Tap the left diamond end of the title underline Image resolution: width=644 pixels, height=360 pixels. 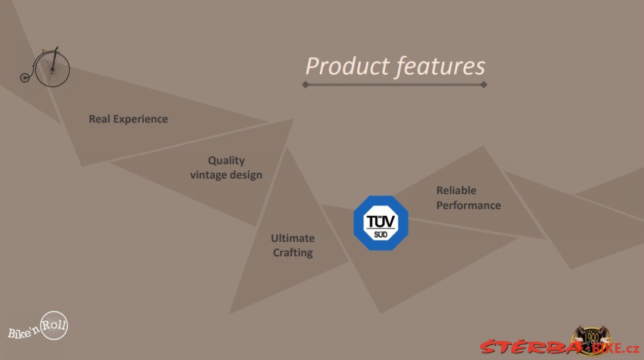305,84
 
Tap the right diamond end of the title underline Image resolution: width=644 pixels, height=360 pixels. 484,84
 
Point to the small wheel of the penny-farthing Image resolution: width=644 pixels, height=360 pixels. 25,77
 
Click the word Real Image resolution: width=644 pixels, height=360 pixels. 100,119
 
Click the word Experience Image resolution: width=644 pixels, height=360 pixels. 141,119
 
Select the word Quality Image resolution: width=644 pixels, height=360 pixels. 227,160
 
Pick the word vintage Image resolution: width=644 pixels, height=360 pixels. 208,175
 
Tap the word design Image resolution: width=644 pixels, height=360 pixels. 246,175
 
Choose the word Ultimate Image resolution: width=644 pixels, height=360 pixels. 293,238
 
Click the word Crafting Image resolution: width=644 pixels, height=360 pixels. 293,253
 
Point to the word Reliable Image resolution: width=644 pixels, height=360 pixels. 456,190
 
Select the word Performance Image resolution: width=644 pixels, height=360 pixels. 468,205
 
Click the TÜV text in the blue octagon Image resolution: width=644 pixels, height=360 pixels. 381,221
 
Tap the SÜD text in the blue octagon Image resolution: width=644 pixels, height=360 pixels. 381,235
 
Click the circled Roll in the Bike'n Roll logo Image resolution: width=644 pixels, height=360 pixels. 54,325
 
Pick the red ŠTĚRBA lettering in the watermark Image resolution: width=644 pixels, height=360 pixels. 530,347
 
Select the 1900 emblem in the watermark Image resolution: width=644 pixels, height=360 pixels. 591,340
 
